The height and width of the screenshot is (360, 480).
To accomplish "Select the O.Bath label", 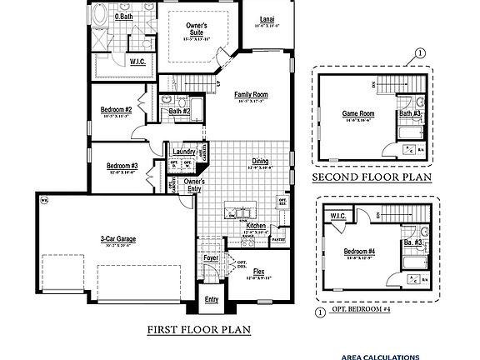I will coord(124,16).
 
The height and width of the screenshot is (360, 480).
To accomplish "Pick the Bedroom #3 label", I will coord(122,166).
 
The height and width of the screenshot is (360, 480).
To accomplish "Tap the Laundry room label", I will coord(184,152).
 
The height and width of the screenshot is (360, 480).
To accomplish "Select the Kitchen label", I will coord(256,226).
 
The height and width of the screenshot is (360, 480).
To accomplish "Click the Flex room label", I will coord(259,272).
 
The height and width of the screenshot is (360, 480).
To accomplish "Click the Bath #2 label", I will coord(180,110).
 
